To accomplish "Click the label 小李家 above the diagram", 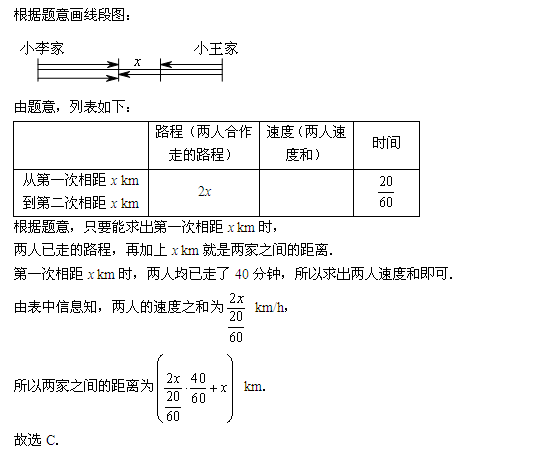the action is tap(42, 48).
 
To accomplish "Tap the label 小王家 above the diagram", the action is tap(216, 48).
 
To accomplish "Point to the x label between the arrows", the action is tap(137, 62).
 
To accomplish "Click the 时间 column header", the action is tap(386, 143).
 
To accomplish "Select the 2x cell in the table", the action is tap(204, 192).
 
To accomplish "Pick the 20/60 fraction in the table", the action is tap(386, 192).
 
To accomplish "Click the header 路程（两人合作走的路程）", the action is tap(204, 143).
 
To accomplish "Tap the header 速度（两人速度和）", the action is tap(306, 143).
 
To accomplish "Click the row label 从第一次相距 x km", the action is tap(81, 180).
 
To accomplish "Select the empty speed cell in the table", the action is tap(307, 193).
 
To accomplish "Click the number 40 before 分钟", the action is tap(241, 274).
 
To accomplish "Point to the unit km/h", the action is tap(270, 307).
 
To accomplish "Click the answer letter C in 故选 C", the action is tap(51, 440).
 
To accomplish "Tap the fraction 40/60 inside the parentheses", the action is tap(198, 388).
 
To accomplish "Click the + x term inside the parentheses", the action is tap(218, 388).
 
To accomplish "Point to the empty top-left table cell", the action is tap(81, 145).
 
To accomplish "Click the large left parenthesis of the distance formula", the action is tap(160, 388).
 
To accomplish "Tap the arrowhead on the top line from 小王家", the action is tap(166, 64).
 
